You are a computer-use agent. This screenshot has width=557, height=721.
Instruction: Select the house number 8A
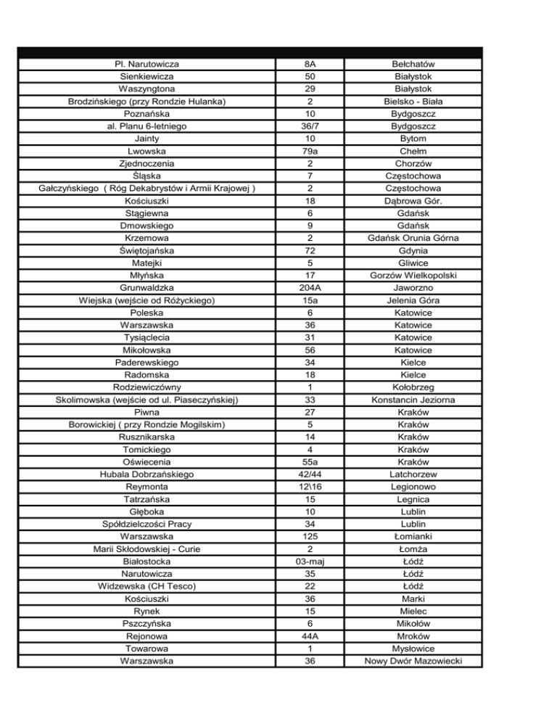click(x=310, y=64)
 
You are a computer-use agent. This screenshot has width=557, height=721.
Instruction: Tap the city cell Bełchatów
click(x=413, y=64)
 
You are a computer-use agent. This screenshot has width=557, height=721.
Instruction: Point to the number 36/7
click(x=310, y=126)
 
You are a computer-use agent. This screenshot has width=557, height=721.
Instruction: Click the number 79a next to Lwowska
click(x=310, y=151)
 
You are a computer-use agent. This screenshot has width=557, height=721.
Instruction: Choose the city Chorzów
click(x=413, y=163)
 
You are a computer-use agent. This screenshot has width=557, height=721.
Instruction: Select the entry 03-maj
click(x=310, y=561)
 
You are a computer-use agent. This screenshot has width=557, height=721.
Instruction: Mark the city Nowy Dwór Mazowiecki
click(x=413, y=660)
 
